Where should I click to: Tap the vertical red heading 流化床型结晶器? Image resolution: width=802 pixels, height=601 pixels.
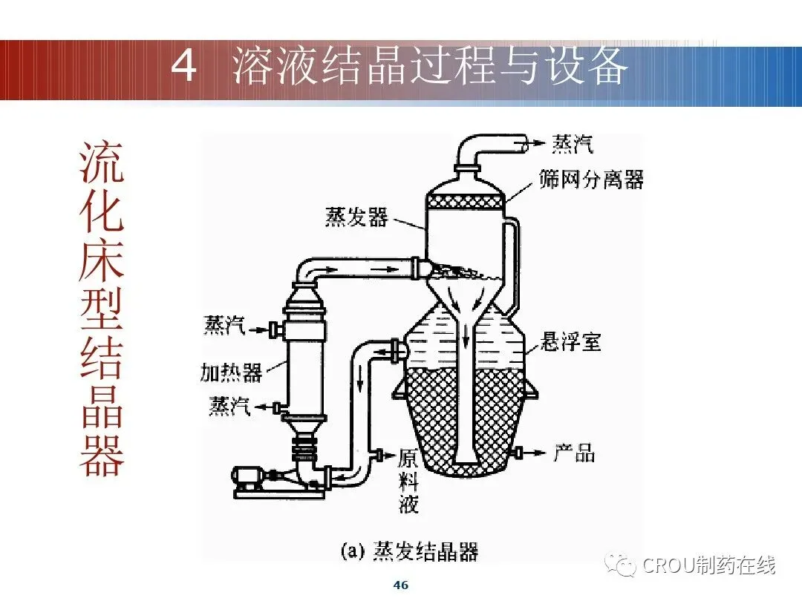tap(102, 308)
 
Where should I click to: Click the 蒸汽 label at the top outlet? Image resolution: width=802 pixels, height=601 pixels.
tap(573, 143)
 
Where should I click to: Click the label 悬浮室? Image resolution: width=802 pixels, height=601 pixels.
tap(570, 342)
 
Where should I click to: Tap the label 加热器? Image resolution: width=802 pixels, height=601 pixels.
tap(231, 372)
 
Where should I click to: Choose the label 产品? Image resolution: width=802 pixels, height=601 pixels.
tap(574, 453)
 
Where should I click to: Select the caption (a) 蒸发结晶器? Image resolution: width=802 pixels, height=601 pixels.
tap(408, 551)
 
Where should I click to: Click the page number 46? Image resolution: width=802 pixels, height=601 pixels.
tap(400, 585)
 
